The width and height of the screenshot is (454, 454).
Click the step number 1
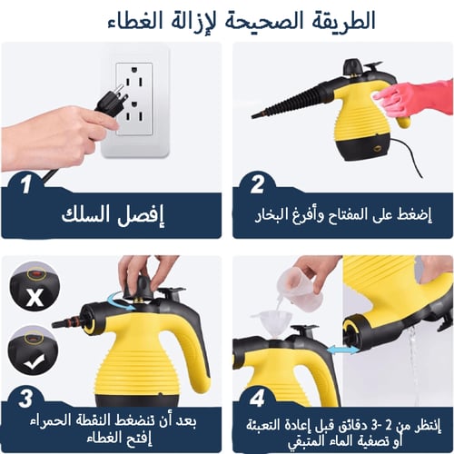point(28,187)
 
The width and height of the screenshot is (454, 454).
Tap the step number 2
point(257,185)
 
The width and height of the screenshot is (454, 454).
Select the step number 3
point(28,397)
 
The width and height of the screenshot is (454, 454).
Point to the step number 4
point(257,397)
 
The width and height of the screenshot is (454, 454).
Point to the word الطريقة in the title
point(340,20)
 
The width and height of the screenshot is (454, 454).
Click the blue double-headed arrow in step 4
point(341,350)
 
